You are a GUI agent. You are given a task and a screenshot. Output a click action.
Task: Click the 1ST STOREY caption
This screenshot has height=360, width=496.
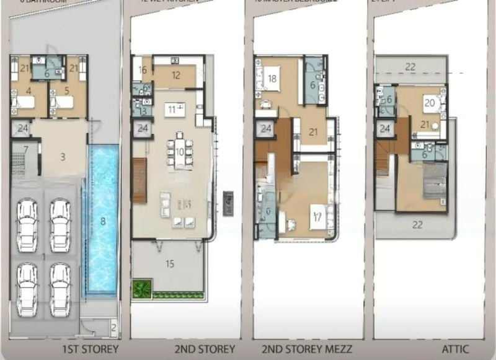(92, 349)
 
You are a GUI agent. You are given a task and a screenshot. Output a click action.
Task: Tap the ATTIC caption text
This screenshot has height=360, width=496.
(455, 349)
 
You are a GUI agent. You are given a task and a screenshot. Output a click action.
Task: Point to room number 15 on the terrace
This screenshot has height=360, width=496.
(170, 263)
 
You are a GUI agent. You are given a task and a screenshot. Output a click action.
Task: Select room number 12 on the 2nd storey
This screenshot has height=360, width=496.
(175, 75)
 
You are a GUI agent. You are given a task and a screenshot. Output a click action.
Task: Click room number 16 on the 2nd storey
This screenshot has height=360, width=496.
(143, 71)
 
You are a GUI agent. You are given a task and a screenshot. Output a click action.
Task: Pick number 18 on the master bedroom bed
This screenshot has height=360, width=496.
(272, 79)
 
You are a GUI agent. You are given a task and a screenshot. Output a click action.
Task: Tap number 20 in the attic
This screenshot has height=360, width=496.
(428, 103)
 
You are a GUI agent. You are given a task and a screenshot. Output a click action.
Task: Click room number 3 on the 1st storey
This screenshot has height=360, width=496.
(63, 157)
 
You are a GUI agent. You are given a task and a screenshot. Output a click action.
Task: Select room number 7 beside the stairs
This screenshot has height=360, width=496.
(26, 149)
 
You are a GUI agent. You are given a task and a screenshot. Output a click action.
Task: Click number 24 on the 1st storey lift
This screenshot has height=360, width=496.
(22, 129)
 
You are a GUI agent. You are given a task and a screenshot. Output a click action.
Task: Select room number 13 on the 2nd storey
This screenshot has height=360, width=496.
(142, 111)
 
